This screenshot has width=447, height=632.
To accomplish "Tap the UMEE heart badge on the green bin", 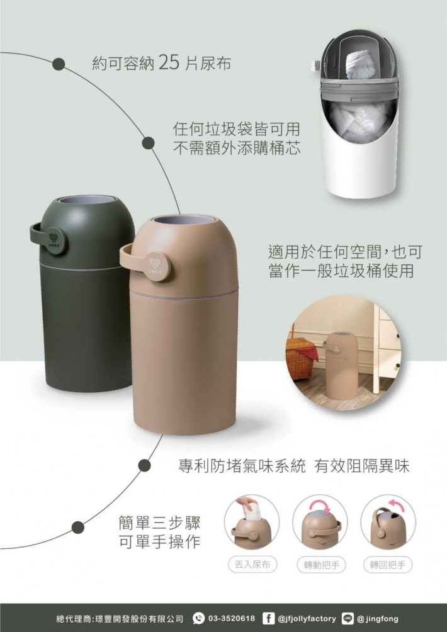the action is pos(54,240).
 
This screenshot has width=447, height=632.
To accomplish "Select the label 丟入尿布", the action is pos(252,564).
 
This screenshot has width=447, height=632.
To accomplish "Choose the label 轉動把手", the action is pos(321,565).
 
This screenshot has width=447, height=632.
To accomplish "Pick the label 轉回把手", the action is pos(388,565).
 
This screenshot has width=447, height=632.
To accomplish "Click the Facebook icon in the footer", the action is pos(268,618).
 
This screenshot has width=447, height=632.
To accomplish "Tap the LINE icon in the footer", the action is pos(348,618).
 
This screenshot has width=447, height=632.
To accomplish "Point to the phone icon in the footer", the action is pos(199,618).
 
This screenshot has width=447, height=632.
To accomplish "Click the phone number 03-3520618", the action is pos(232,618).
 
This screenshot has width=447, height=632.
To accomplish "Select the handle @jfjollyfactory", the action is pos(307,618).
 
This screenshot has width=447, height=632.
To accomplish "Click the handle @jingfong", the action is pos(378,618).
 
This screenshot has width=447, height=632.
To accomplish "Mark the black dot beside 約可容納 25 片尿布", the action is pos(59,64).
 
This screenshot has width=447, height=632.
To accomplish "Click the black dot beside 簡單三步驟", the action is pos(78,528).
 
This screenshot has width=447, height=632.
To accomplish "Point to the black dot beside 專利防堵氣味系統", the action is pos(144,466).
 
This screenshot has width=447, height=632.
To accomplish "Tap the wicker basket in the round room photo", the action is pos(301,358).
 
